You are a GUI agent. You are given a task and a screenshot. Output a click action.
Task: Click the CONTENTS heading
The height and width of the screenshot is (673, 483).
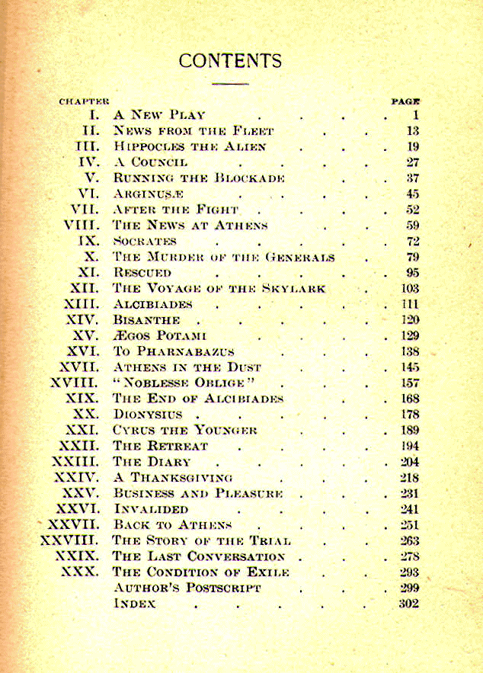pyautogui.click(x=230, y=61)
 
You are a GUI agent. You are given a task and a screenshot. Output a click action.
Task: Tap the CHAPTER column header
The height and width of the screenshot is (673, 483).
pyautogui.click(x=84, y=101)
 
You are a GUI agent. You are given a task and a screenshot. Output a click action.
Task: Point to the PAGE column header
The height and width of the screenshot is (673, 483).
pyautogui.click(x=406, y=101)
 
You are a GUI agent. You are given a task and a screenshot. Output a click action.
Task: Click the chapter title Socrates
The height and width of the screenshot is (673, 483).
pyautogui.click(x=145, y=241)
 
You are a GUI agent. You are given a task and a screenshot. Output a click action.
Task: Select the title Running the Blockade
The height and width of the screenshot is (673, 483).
pyautogui.click(x=199, y=178)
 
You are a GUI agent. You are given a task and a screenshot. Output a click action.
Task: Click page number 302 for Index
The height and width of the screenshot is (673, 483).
pyautogui.click(x=409, y=604)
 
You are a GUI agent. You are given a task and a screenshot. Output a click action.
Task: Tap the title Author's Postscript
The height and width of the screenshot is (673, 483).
pyautogui.click(x=187, y=588)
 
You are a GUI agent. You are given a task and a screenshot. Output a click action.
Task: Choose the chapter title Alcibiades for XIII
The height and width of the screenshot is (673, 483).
pyautogui.click(x=153, y=304)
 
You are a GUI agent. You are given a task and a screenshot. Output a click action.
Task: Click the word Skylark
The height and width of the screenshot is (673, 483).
pyautogui.click(x=293, y=288)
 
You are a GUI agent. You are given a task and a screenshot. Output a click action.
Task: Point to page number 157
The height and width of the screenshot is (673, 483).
pyautogui.click(x=409, y=383)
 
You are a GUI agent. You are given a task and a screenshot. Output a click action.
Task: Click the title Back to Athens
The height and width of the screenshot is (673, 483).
pyautogui.click(x=172, y=524)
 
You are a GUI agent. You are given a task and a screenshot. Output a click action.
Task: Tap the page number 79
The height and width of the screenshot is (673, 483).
pyautogui.click(x=412, y=257)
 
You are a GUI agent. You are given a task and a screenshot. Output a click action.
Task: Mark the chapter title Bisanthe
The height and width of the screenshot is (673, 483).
pyautogui.click(x=147, y=320)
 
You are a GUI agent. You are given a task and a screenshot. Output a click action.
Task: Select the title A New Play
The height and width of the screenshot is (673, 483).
pyautogui.click(x=159, y=115)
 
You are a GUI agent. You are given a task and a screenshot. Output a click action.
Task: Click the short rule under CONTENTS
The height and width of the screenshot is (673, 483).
pyautogui.click(x=230, y=82)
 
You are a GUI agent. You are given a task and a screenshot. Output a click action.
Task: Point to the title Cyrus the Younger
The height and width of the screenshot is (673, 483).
pyautogui.click(x=185, y=430)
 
